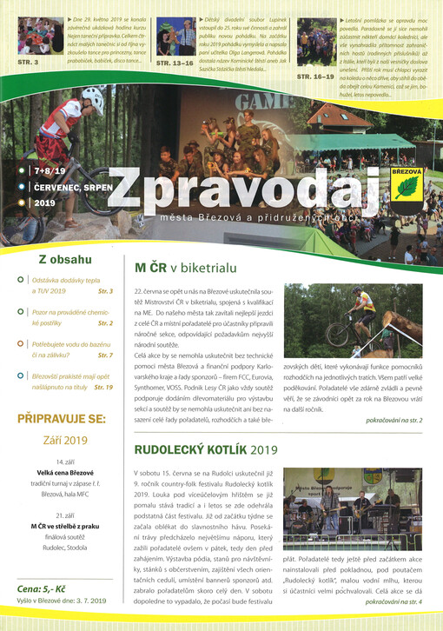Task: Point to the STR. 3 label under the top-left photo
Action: [x=29, y=62]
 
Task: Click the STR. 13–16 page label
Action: [x=175, y=63]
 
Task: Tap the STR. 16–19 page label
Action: [x=315, y=76]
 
